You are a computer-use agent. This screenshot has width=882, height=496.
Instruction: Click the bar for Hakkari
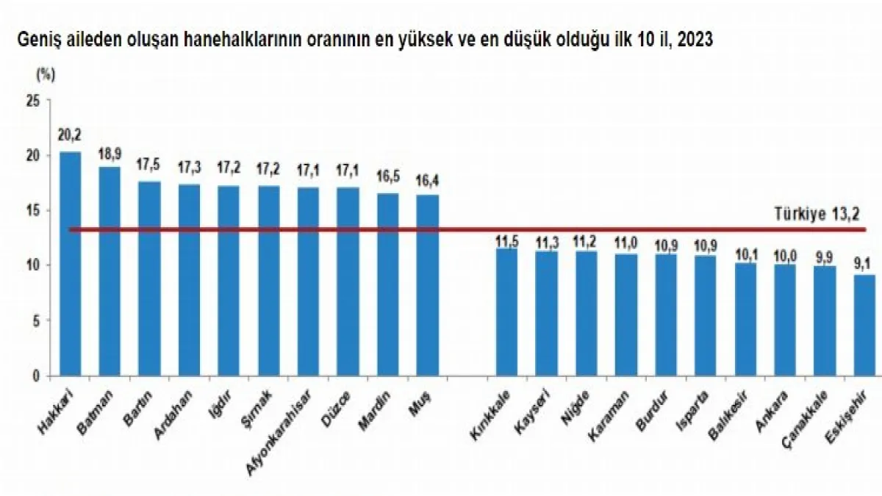(71, 265)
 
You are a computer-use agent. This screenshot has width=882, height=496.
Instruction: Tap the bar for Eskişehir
(864, 326)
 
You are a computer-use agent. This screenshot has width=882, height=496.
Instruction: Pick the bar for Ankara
(785, 320)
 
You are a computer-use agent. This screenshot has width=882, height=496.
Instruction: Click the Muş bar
(427, 285)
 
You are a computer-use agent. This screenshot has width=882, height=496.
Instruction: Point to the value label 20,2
(70, 136)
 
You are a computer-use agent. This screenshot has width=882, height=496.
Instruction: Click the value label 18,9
(110, 153)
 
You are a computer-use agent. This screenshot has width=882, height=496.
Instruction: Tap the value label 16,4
(427, 180)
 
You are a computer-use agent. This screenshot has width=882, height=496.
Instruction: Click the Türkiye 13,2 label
(816, 214)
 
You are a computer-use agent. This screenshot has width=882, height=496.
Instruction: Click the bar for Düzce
(348, 281)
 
